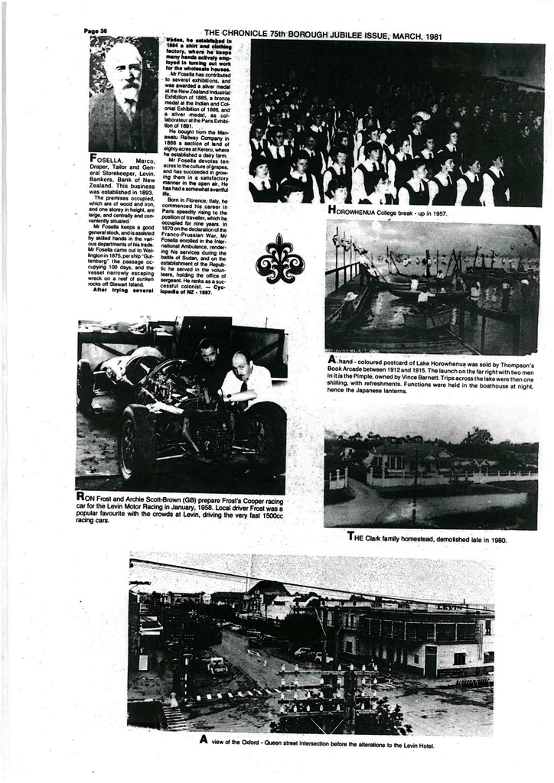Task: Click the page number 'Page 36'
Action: point(95,31)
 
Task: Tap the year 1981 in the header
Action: point(434,35)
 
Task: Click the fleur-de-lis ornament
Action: point(279,260)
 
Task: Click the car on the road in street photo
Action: point(217,664)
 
